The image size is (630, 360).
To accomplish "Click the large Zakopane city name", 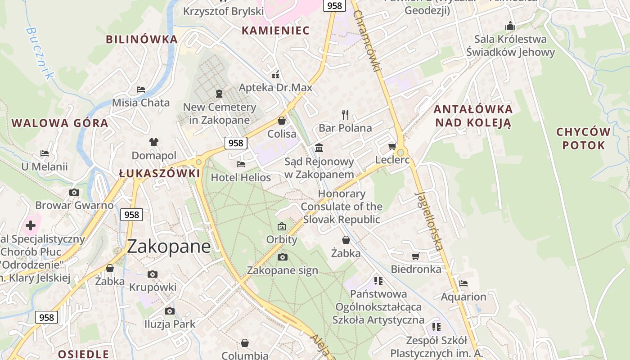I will point(169,247).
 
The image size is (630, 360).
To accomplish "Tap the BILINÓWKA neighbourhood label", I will point(142,39).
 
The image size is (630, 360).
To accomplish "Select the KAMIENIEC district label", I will point(275,31).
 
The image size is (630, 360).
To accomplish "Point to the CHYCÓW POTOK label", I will point(583,139).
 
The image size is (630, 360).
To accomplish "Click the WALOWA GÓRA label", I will point(60,123).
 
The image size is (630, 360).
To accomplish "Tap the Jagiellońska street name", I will point(429,220).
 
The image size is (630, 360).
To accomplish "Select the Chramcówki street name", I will point(367,40).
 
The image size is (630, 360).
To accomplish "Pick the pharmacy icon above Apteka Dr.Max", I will point(275,74).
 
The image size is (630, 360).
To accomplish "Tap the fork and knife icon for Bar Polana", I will point(345,115).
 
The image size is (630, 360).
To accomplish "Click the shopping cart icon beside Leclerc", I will point(392,147).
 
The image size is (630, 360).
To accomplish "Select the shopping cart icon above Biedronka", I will point(416,256).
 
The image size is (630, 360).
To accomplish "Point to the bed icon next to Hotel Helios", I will point(241,164).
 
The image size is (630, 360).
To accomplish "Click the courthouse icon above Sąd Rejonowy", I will point(319,148).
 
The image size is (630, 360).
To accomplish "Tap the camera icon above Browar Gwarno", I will point(74,193).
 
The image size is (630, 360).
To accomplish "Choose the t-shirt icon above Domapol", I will point(154,142).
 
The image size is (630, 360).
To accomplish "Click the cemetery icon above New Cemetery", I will point(219,94).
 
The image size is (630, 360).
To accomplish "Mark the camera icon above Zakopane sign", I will point(283,257).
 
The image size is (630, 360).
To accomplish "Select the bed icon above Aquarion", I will point(463,283).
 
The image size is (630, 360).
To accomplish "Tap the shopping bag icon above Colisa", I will point(282,121).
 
